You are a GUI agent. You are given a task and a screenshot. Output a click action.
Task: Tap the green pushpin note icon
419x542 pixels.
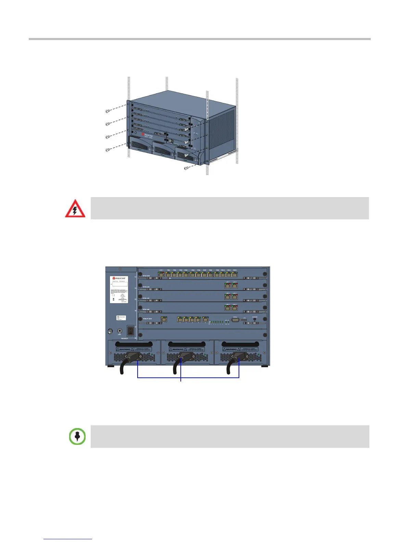pos(77,436)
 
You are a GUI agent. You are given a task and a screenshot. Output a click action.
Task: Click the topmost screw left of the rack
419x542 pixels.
pos(107,111)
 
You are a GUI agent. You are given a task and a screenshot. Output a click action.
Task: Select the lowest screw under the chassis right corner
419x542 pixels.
pos(186,168)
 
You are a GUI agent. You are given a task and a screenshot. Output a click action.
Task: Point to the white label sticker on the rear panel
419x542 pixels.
pos(119,289)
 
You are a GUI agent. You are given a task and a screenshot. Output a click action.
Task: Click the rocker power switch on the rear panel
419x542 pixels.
pos(130,331)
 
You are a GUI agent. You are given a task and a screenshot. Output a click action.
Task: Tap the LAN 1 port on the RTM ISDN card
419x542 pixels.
pos(161,274)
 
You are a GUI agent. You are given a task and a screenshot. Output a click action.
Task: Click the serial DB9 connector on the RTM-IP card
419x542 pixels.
pos(236,320)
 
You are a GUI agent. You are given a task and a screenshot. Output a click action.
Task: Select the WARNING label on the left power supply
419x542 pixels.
pos(125,349)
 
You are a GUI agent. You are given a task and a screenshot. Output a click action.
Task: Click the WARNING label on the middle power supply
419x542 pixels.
pos(178,349)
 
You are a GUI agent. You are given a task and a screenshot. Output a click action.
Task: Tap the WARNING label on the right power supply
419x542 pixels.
pos(231,349)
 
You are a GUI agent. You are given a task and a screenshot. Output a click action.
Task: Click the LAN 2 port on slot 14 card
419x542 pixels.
pos(234,286)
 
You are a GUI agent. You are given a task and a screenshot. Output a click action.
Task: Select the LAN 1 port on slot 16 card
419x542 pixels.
pos(228,308)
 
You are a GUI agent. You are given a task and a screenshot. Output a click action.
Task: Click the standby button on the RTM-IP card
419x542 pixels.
pos(254,320)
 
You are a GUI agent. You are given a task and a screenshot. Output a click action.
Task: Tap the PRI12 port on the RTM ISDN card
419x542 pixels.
pos(235,274)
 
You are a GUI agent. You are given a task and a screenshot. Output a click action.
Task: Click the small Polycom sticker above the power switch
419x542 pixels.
pos(121,318)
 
